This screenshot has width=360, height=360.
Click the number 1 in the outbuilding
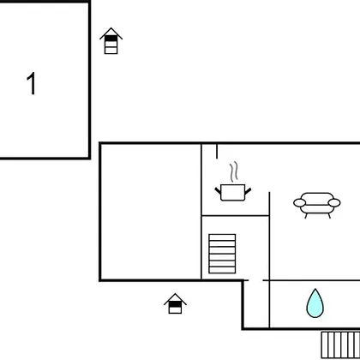pos(31,83)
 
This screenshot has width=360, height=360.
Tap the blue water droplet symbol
pos(315,303)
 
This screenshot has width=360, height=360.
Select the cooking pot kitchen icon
pos(233,192)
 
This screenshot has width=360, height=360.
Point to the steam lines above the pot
pos(234,172)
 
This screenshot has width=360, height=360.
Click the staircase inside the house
pos(222,254)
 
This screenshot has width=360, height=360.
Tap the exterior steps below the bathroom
pos(340,345)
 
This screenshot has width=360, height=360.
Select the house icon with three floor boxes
pos(111,41)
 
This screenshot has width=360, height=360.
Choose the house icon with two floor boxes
pos(175,303)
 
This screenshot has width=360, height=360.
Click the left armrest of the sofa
pos(299,202)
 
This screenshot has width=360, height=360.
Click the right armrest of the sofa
pos(334,202)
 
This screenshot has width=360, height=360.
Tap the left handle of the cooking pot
pos(218,190)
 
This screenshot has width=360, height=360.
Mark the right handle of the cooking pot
pos(248,190)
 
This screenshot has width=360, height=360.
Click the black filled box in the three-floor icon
pos(111,38)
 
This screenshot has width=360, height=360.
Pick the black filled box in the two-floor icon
pos(175,304)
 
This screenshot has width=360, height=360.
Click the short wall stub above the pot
pos(217,152)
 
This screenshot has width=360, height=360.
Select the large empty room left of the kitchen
pos(151,212)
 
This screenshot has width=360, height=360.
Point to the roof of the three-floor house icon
pos(111,33)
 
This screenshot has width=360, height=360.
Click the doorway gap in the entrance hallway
pos(255,280)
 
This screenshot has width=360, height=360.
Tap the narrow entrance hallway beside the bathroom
pos(256,304)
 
